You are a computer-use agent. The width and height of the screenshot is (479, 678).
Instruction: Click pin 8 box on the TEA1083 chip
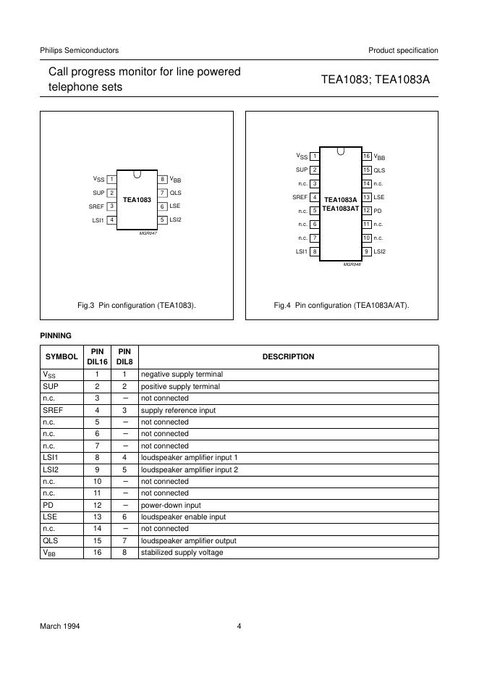164,179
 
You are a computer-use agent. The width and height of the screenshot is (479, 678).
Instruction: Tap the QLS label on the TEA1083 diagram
175,193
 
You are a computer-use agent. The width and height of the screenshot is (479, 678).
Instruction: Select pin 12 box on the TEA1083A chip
367,211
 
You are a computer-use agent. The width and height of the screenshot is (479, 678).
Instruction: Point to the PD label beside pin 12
378,211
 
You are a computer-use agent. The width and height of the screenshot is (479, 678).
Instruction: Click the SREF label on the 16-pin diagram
300,197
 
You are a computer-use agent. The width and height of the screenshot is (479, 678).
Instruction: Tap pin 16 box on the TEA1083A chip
367,156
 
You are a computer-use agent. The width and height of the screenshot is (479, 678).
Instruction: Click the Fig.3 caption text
137,306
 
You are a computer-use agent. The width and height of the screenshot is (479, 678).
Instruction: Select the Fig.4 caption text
342,306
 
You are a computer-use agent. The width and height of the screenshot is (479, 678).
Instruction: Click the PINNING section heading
55,336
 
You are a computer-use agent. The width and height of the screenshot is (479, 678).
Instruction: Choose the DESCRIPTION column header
288,356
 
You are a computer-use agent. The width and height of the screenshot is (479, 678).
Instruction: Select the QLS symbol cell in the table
50,540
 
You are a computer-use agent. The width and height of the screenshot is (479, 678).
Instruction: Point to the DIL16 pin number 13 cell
97,516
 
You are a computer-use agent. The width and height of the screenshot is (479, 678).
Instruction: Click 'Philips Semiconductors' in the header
80,51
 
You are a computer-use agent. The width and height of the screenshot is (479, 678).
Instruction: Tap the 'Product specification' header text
403,51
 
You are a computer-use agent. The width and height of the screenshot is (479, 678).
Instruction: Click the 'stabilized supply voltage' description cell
182,553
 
